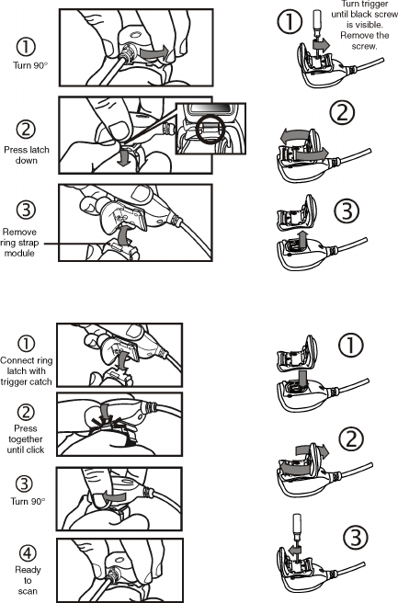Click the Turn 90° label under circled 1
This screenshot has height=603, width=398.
(x=30, y=65)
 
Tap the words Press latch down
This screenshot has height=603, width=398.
(x=27, y=155)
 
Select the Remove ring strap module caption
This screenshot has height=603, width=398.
(x=19, y=243)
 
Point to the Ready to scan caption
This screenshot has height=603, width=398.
(x=28, y=580)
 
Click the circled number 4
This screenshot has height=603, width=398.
(x=28, y=553)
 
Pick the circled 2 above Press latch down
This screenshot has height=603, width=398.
(x=26, y=130)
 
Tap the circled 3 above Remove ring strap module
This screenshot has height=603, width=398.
(x=26, y=210)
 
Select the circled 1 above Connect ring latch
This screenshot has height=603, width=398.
(x=26, y=344)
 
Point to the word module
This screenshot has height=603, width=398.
(x=19, y=254)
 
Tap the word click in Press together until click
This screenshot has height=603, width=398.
(x=35, y=449)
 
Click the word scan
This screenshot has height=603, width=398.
(x=28, y=591)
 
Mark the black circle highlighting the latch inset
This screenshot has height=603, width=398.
(x=209, y=130)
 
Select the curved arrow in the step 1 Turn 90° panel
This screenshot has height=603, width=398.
(x=154, y=52)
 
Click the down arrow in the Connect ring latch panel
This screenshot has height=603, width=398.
(x=122, y=359)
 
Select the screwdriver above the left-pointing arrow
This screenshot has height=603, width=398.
(x=297, y=529)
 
